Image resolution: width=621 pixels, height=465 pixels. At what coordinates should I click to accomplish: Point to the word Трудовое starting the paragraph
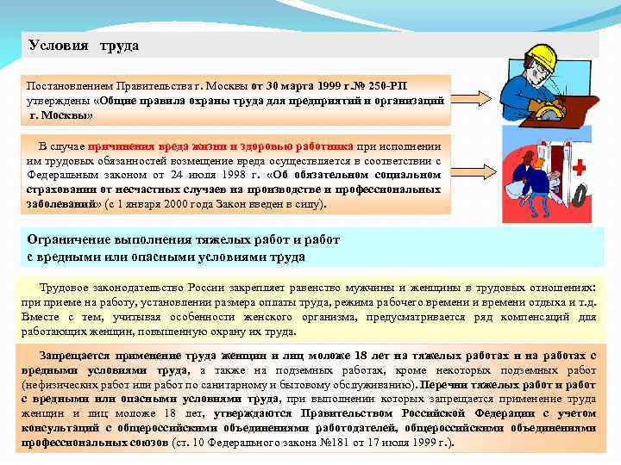pos(67,288)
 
